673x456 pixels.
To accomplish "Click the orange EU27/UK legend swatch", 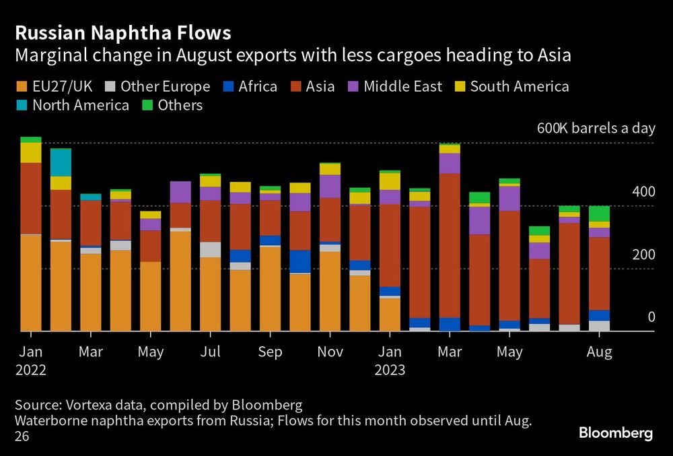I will pyautogui.click(x=22, y=87).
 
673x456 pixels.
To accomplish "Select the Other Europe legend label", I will pyautogui.click(x=165, y=87).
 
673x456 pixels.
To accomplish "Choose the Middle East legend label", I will pyautogui.click(x=402, y=87).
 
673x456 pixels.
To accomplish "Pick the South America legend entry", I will pyautogui.click(x=519, y=87).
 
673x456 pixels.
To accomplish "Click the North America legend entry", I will pyautogui.click(x=80, y=106).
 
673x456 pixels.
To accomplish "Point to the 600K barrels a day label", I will pyautogui.click(x=595, y=129).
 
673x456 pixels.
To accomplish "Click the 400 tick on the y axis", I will pyautogui.click(x=643, y=192).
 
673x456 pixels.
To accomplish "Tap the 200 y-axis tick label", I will pyautogui.click(x=643, y=255).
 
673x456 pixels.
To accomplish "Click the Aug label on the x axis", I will pyautogui.click(x=599, y=352).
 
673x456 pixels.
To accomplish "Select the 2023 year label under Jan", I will pyautogui.click(x=390, y=370).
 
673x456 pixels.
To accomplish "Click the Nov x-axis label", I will pyautogui.click(x=330, y=352).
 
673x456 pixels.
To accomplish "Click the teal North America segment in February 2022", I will pyautogui.click(x=61, y=162).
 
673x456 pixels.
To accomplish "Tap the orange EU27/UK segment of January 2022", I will pyautogui.click(x=31, y=283).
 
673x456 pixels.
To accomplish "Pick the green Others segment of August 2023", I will pyautogui.click(x=599, y=213).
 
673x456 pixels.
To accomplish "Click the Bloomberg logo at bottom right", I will pyautogui.click(x=616, y=433).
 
